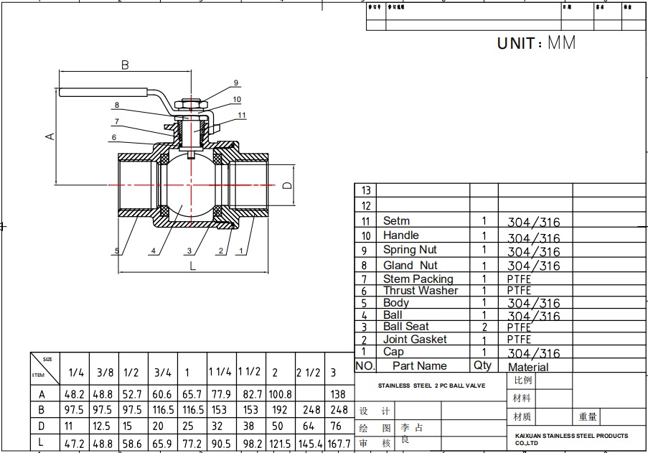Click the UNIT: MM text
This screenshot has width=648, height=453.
(536, 43)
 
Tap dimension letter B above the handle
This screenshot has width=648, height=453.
(125, 65)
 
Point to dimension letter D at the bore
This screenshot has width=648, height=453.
(287, 185)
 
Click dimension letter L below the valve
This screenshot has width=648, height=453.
(192, 266)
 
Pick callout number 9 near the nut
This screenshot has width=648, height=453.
(235, 83)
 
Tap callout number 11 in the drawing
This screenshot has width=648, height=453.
(241, 115)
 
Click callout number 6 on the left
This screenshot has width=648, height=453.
(113, 137)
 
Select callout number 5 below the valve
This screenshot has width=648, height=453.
(116, 251)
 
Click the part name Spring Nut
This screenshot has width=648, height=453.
(410, 250)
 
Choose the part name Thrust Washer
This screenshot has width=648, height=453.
(420, 291)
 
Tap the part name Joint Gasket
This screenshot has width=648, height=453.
(415, 339)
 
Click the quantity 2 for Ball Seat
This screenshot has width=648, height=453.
(484, 327)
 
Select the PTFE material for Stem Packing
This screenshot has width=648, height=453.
(519, 279)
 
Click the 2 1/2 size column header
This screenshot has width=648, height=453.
(308, 373)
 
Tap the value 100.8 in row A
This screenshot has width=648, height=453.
(280, 393)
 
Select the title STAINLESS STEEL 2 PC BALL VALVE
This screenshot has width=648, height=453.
(432, 386)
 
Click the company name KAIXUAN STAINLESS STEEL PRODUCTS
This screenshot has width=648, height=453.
(571, 436)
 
